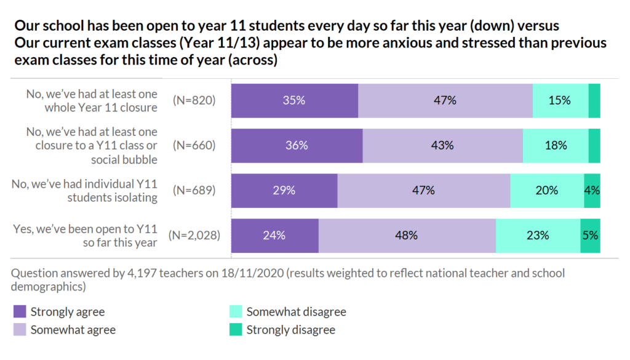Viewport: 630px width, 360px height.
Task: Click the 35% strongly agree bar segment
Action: [295, 100]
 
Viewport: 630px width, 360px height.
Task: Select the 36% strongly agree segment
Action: [297, 145]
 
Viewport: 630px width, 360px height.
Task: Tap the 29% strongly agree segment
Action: [284, 190]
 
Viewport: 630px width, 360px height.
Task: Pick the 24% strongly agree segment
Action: [274, 235]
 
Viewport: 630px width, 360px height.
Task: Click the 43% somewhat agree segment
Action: [442, 145]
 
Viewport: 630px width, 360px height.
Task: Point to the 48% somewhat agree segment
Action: [407, 235]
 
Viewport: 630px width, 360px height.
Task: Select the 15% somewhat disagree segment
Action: [560, 100]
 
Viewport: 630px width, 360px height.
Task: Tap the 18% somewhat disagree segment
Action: [555, 145]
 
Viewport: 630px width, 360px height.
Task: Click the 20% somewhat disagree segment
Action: [546, 190]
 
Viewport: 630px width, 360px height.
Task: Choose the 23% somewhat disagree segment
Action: [538, 235]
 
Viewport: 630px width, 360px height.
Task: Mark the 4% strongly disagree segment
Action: [592, 190]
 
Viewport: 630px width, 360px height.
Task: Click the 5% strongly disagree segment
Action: [590, 235]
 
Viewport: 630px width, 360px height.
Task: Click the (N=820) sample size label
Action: [194, 100]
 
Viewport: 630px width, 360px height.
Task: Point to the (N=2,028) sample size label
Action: [194, 235]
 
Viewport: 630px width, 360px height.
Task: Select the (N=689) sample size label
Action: [194, 190]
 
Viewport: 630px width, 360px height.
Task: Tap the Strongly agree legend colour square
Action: [19, 312]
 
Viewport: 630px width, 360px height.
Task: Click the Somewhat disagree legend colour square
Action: [235, 312]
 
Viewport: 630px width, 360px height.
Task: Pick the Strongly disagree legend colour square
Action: [235, 330]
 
